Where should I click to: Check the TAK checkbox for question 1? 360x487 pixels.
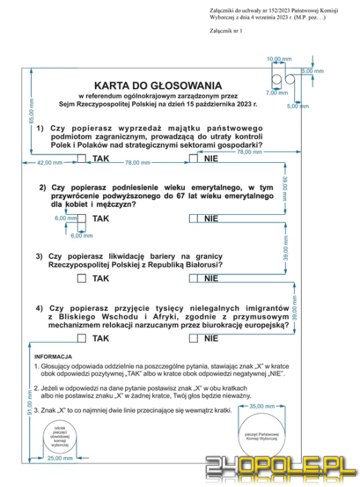click(82, 159)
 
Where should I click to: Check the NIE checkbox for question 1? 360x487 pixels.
click(193, 159)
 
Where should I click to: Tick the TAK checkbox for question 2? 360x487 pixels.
click(82, 218)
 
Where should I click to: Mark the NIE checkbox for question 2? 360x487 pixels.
click(193, 218)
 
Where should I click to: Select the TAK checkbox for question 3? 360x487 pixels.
click(82, 278)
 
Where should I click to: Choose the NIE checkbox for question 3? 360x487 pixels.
click(193, 278)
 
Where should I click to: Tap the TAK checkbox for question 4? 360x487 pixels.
click(82, 338)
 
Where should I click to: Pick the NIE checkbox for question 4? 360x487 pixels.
click(193, 338)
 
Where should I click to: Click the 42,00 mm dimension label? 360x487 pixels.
click(49, 163)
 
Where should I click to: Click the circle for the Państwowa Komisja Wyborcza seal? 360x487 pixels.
click(260, 436)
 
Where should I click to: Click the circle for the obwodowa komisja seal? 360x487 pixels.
click(60, 437)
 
